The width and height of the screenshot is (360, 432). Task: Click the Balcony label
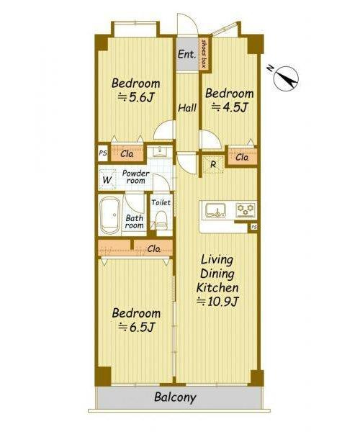click(175, 397)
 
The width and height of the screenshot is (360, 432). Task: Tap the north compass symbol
click(287, 78)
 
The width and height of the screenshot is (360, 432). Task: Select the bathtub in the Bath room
click(110, 215)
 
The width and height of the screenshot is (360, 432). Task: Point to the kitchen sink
click(216, 210)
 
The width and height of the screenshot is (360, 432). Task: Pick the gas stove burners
click(246, 210)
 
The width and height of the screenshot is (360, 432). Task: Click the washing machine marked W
click(107, 180)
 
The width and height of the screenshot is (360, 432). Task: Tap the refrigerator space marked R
click(213, 165)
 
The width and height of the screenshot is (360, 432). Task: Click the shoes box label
click(204, 54)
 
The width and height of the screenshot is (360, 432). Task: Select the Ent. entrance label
click(186, 54)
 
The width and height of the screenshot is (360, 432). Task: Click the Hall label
click(187, 107)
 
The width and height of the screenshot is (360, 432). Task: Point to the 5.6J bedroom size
click(136, 97)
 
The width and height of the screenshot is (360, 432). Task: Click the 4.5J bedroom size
click(230, 107)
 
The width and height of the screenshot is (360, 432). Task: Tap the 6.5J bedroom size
click(136, 328)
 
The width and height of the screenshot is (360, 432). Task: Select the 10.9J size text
click(217, 302)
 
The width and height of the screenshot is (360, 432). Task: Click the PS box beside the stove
click(253, 227)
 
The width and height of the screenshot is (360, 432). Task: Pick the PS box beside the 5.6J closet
click(103, 153)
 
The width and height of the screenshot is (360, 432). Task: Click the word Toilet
click(161, 202)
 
